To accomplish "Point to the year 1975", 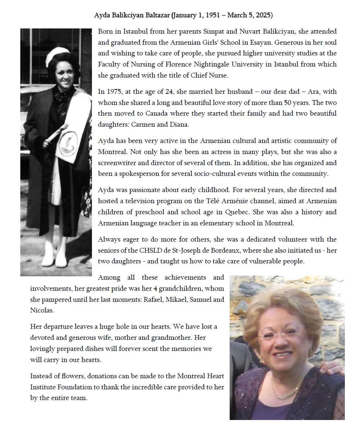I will [x=113, y=92].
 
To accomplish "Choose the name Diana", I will [x=179, y=124].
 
